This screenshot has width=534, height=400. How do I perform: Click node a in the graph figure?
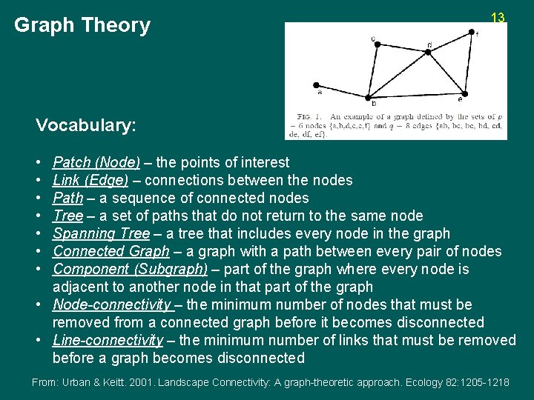click(x=317, y=84)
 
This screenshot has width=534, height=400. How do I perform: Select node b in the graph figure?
click(x=369, y=96)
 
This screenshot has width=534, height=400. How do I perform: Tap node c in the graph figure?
click(x=377, y=44)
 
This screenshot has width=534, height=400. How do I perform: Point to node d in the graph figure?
click(x=429, y=52)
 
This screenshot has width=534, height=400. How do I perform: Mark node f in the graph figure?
click(x=472, y=32)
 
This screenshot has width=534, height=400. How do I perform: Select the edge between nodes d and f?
click(x=450, y=41)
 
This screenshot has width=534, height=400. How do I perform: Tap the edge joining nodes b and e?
click(x=416, y=94)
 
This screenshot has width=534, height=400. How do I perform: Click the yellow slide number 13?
click(x=498, y=18)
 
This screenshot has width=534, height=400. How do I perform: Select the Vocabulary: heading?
click(x=86, y=125)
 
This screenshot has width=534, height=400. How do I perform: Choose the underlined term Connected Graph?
click(x=111, y=251)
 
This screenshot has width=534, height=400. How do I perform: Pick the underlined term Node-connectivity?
click(x=112, y=304)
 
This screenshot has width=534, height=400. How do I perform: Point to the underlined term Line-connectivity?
click(x=108, y=340)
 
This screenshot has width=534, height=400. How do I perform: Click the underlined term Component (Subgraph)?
click(x=131, y=269)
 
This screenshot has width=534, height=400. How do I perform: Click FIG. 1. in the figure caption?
click(x=309, y=117)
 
